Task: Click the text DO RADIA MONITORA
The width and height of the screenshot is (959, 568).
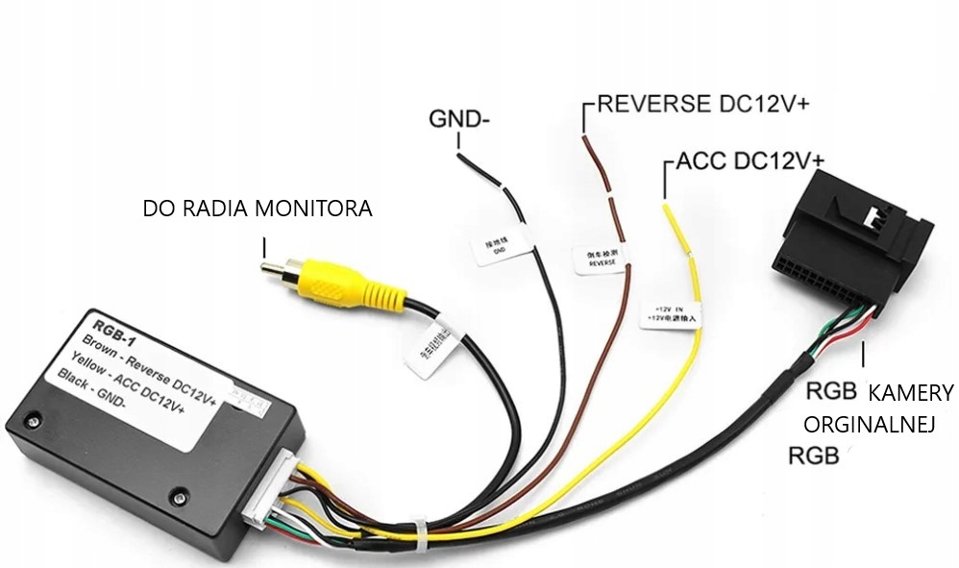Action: (x=257, y=209)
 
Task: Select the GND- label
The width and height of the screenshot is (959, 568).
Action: (x=459, y=120)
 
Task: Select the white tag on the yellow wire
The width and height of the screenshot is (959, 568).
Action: (x=670, y=310)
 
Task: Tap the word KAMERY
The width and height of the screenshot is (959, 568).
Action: (x=910, y=392)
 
